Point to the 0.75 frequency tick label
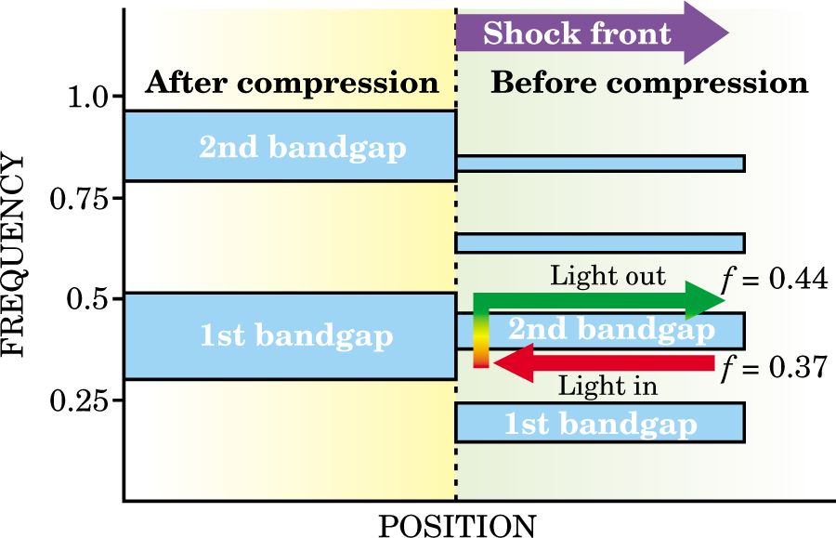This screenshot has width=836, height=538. (80, 198)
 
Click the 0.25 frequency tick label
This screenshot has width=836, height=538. (80, 400)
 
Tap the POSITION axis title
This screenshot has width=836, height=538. (456, 524)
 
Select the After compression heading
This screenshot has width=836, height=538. (292, 83)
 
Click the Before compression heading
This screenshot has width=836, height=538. (649, 83)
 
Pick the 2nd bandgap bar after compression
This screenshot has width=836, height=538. (290, 146)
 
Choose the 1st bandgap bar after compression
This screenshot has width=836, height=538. (290, 336)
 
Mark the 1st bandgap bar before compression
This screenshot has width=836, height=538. (600, 423)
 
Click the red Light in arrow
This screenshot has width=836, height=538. (604, 361)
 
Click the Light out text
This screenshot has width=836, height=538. (607, 276)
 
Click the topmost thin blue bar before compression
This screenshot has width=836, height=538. (600, 164)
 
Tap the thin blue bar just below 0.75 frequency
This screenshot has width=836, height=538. (600, 243)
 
